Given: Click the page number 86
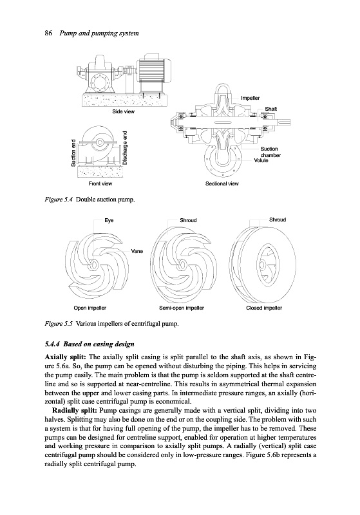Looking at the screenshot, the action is pyautogui.click(x=48, y=33).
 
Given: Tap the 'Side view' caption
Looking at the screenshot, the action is pyautogui.click(x=124, y=111).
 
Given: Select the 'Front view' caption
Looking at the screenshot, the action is pyautogui.click(x=100, y=183).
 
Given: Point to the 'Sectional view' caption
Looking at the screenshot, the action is pyautogui.click(x=222, y=183).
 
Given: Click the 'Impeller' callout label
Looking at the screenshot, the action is pyautogui.click(x=251, y=98).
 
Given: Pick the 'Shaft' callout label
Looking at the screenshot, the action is pyautogui.click(x=271, y=109).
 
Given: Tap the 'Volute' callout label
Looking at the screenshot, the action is pyautogui.click(x=261, y=160).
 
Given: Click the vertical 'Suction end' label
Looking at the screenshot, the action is pyautogui.click(x=73, y=153).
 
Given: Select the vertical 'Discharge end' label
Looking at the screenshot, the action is pyautogui.click(x=125, y=148).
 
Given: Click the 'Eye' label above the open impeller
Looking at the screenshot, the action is pyautogui.click(x=109, y=220).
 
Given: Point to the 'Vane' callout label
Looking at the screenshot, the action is pyautogui.click(x=137, y=251).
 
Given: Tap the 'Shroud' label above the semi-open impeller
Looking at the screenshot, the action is pyautogui.click(x=188, y=220).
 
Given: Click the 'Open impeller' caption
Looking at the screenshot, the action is pyautogui.click(x=90, y=308).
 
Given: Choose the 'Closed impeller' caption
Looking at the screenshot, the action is pyautogui.click(x=264, y=308).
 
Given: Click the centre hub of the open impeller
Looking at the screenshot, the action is pyautogui.click(x=93, y=265).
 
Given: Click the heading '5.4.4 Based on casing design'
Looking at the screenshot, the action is pyautogui.click(x=90, y=344).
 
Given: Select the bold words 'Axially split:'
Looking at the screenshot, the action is pyautogui.click(x=65, y=357).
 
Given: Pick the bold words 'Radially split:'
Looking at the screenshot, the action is pyautogui.click(x=74, y=411).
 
